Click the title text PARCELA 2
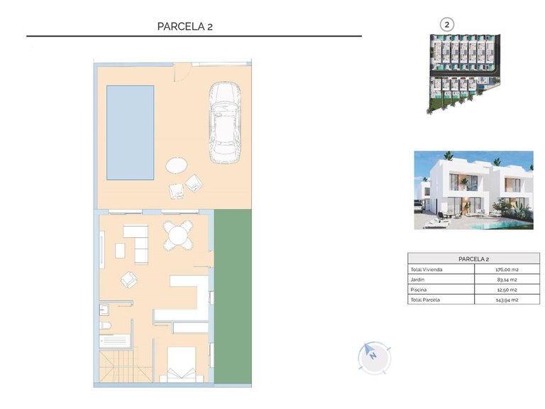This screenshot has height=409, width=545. click(185, 26)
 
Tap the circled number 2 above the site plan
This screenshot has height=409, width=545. click(446, 23)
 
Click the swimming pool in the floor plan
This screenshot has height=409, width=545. click(130, 132)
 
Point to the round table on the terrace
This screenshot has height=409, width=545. click(175, 165)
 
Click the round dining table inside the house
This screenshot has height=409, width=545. click(177, 235)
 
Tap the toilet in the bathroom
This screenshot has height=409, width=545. click(106, 325)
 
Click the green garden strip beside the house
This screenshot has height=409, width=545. click(233, 298)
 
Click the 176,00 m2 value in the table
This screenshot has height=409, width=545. click(506, 270)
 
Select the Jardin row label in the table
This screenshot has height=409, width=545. click(417, 280)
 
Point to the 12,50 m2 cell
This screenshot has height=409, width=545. click(506, 290)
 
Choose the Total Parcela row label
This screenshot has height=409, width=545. click(425, 300)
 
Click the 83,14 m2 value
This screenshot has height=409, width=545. click(506, 280)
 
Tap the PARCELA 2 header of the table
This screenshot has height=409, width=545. click(473, 260)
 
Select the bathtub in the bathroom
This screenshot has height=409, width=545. click(115, 340)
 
